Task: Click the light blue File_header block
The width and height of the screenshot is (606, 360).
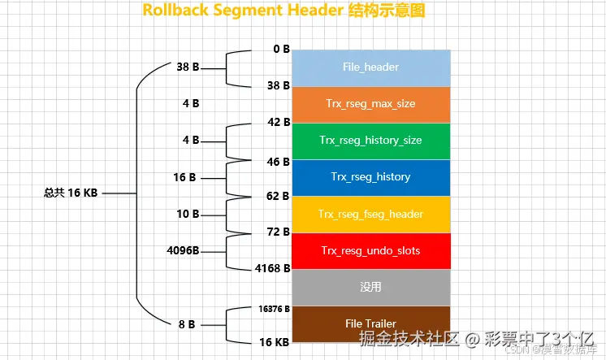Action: [370, 67]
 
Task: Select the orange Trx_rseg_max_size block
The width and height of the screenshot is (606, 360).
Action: [370, 104]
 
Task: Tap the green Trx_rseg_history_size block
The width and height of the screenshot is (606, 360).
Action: [370, 141]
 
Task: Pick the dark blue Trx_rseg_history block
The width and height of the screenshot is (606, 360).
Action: [370, 177]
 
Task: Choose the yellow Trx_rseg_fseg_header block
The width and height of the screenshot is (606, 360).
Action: [370, 215]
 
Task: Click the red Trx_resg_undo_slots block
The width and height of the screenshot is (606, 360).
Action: [370, 251]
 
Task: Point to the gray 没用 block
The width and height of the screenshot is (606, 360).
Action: [370, 287]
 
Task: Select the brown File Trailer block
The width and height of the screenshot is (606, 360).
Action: [370, 323]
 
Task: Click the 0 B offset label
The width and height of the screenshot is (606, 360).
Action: [281, 49]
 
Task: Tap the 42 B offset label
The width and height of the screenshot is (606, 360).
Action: [279, 122]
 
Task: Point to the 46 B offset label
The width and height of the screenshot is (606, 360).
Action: [279, 162]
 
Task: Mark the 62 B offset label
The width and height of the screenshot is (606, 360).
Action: [279, 196]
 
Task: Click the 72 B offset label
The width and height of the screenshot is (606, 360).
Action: [279, 232]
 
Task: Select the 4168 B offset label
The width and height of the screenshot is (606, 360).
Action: [273, 267]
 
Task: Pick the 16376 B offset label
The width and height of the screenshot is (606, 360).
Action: [275, 309]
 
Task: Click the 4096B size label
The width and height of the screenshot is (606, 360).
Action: [183, 250]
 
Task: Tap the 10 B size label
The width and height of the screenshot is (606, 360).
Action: [188, 215]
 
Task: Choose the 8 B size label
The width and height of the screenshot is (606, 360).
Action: [186, 323]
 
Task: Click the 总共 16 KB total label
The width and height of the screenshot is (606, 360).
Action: [71, 193]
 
